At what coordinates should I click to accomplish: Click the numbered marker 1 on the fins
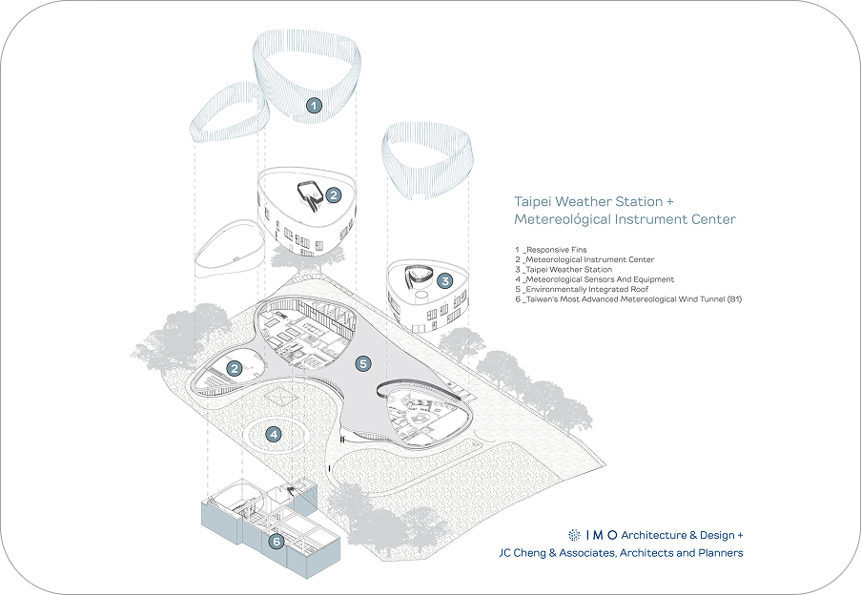point(314,106)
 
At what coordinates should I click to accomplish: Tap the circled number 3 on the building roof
point(445,281)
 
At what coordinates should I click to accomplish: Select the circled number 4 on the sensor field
point(274,435)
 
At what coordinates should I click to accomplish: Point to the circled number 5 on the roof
point(361,363)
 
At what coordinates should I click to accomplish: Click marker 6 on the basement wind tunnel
point(277,543)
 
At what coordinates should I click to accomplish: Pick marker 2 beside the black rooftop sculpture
point(333,195)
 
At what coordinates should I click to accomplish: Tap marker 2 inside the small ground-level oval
point(233,368)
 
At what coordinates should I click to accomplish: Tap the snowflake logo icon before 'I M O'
point(574,535)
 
